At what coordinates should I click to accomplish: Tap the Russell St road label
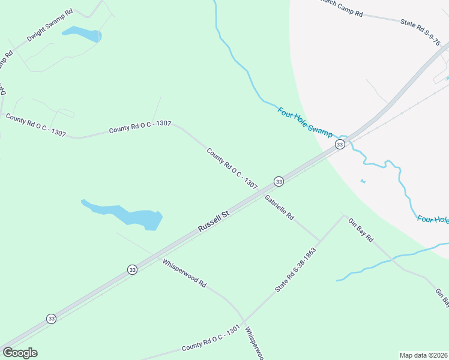pos(214,221)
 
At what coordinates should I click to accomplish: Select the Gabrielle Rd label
pos(279,208)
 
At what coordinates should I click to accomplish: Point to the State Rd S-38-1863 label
pos(295,269)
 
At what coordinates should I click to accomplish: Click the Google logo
pos(20,353)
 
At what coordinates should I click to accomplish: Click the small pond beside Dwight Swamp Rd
pos(82,34)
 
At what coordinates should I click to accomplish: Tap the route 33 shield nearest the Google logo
pos(52,319)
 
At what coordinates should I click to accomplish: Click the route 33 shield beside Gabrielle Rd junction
pos(279,181)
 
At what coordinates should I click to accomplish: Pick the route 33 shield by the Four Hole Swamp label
pos(340,145)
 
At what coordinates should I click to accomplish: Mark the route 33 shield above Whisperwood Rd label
pos(133,271)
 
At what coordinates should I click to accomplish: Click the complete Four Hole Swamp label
pos(305,122)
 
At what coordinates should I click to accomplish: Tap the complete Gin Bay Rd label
pos(361,230)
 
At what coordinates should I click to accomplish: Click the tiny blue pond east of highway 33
pos(363,181)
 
